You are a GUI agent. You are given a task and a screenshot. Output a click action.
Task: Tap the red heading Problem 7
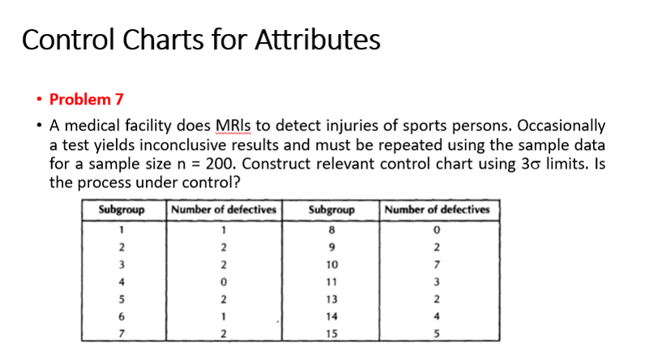(86, 100)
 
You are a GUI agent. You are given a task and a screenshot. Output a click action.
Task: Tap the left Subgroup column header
(121, 210)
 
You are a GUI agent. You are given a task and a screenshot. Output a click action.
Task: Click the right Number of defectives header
(438, 210)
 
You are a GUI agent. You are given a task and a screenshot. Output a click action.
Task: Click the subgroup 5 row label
(121, 298)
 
